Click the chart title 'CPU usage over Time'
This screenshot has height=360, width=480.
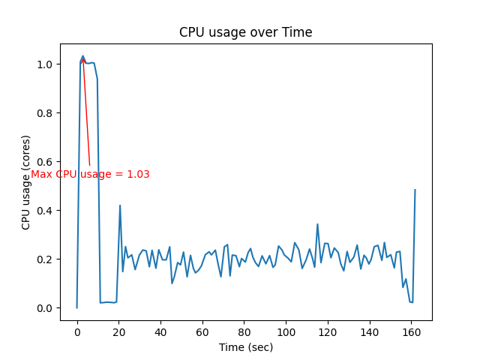tap(245, 32)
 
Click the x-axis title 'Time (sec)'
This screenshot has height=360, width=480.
tap(245, 347)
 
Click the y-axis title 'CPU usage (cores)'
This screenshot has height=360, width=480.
tap(26, 182)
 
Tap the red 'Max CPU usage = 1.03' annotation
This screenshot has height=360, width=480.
tap(90, 174)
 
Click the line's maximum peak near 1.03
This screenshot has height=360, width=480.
tap(82, 56)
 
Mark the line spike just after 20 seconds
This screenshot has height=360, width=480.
tap(120, 205)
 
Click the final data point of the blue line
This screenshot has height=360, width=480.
tap(415, 190)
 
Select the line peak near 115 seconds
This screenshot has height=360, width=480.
tap(317, 224)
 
